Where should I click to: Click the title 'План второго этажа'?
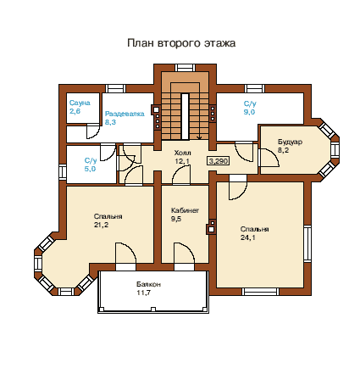click(181, 43)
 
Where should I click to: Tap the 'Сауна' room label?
click(80, 103)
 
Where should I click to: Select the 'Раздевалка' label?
click(125, 114)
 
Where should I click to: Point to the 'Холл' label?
click(182, 153)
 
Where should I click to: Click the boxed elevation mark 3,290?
click(218, 161)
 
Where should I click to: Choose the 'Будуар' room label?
click(290, 142)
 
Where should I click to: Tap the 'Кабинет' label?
click(185, 210)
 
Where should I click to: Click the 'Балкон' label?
click(148, 284)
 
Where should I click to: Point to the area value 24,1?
click(248, 237)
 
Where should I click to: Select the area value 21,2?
click(101, 225)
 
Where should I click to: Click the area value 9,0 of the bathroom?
click(249, 112)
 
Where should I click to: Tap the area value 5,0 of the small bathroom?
click(90, 169)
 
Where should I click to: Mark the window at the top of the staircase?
click(185, 68)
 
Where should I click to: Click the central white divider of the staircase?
click(185, 116)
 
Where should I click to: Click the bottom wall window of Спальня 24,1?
click(260, 292)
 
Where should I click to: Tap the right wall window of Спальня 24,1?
click(307, 243)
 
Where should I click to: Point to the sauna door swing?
click(93, 131)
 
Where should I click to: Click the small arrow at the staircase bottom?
click(199, 137)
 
